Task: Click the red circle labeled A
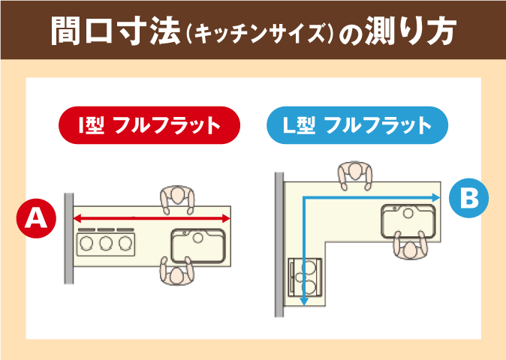pos(36,218)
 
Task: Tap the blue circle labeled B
pos(468,198)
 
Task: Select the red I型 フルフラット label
pos(149,125)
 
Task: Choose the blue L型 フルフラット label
pos(357,125)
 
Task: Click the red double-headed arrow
pos(152,219)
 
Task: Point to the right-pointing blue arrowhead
pos(436,197)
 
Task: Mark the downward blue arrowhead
pos(303,301)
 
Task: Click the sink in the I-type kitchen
pos(197,245)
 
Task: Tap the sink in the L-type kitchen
pos(408,220)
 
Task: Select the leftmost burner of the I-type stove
pos(86,243)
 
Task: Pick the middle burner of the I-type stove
pos(106,243)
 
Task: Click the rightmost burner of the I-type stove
pos(125,243)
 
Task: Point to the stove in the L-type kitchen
pos(305,277)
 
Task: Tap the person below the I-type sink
pos(177,271)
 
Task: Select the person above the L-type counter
pos(355,175)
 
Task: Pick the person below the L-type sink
pos(410,245)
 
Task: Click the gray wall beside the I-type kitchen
pos(69,238)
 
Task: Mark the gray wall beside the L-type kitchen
pos(279,244)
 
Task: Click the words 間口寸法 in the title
pos(115,31)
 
